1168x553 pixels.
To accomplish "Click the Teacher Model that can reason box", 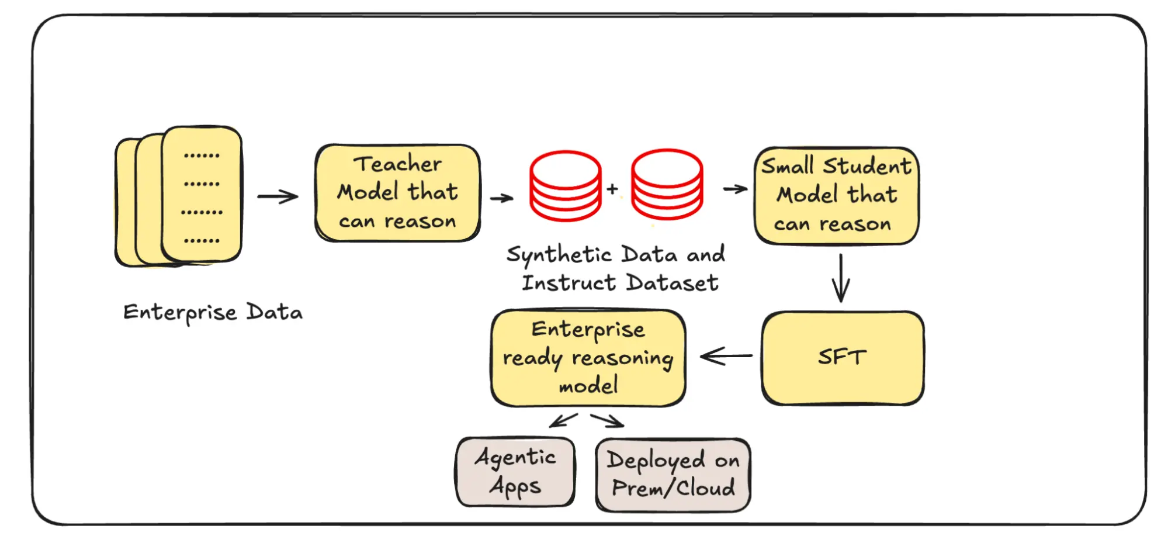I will pos(397,193).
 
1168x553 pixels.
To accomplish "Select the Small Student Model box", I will pos(836,196).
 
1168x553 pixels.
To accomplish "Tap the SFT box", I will pos(842,357).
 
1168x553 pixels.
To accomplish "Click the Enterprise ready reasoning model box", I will pos(588,358).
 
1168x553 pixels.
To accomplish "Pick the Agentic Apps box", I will pos(515,472).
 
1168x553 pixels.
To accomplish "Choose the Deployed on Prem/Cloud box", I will pos(673,475).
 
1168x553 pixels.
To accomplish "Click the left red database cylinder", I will pos(565,186).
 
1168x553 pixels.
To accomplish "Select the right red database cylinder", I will pos(667,184).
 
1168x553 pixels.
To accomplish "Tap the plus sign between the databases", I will pos(612,189).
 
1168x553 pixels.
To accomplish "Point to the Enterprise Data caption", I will pos(213,312).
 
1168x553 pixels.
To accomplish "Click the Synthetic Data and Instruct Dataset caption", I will pos(616,269).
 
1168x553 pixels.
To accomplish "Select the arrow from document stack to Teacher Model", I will pos(278,196).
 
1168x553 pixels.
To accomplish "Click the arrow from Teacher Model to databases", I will pos(501,198).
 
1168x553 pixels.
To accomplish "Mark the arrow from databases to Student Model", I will pos(735,189).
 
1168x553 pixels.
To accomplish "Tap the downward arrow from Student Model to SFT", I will pos(841,278).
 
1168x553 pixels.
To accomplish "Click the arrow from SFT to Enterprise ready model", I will pos(726,355).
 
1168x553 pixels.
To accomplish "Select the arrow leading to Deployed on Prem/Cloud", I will pos(608,420).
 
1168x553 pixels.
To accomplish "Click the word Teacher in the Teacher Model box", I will pos(397,164).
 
